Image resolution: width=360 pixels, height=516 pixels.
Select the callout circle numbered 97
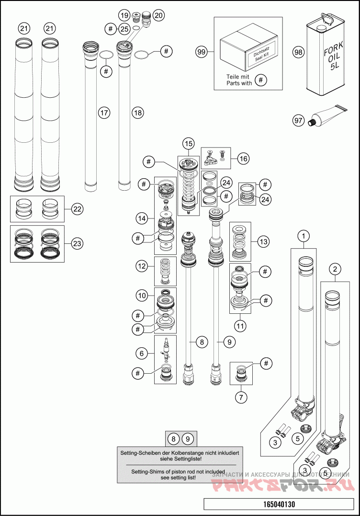[x=299, y=120]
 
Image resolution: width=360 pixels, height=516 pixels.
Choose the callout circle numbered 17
[x=104, y=113]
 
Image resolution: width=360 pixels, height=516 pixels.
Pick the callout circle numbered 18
[x=137, y=113]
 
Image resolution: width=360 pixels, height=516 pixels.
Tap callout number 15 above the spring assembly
[x=188, y=143]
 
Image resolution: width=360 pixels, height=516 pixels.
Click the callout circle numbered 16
[x=243, y=158]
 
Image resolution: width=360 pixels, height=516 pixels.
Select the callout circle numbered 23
[x=77, y=243]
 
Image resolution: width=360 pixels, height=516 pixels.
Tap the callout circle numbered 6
[x=141, y=353]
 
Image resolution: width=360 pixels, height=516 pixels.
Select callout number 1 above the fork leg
[x=303, y=236]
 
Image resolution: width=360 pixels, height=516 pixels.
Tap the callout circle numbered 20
[x=158, y=15]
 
